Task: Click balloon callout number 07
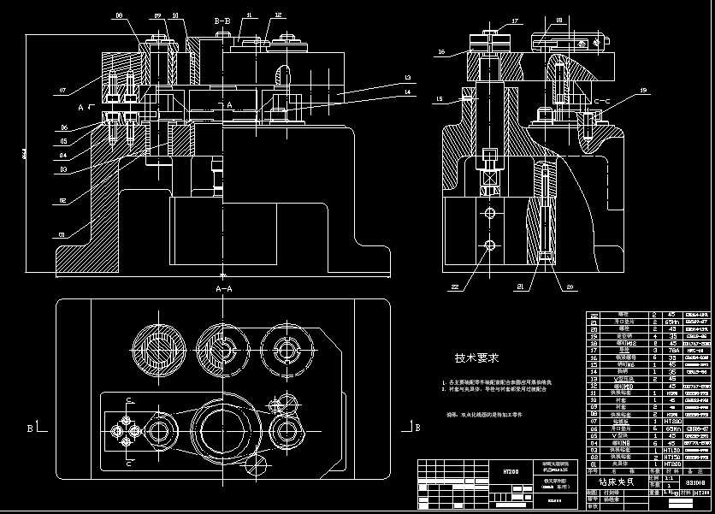pos(62,89)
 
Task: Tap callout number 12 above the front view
pos(279,15)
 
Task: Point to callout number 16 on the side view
pos(441,52)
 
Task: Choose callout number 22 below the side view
pos(455,287)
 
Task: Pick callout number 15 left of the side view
pos(440,99)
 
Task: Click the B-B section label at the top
pos(222,20)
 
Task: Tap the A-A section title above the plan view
pos(223,290)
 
